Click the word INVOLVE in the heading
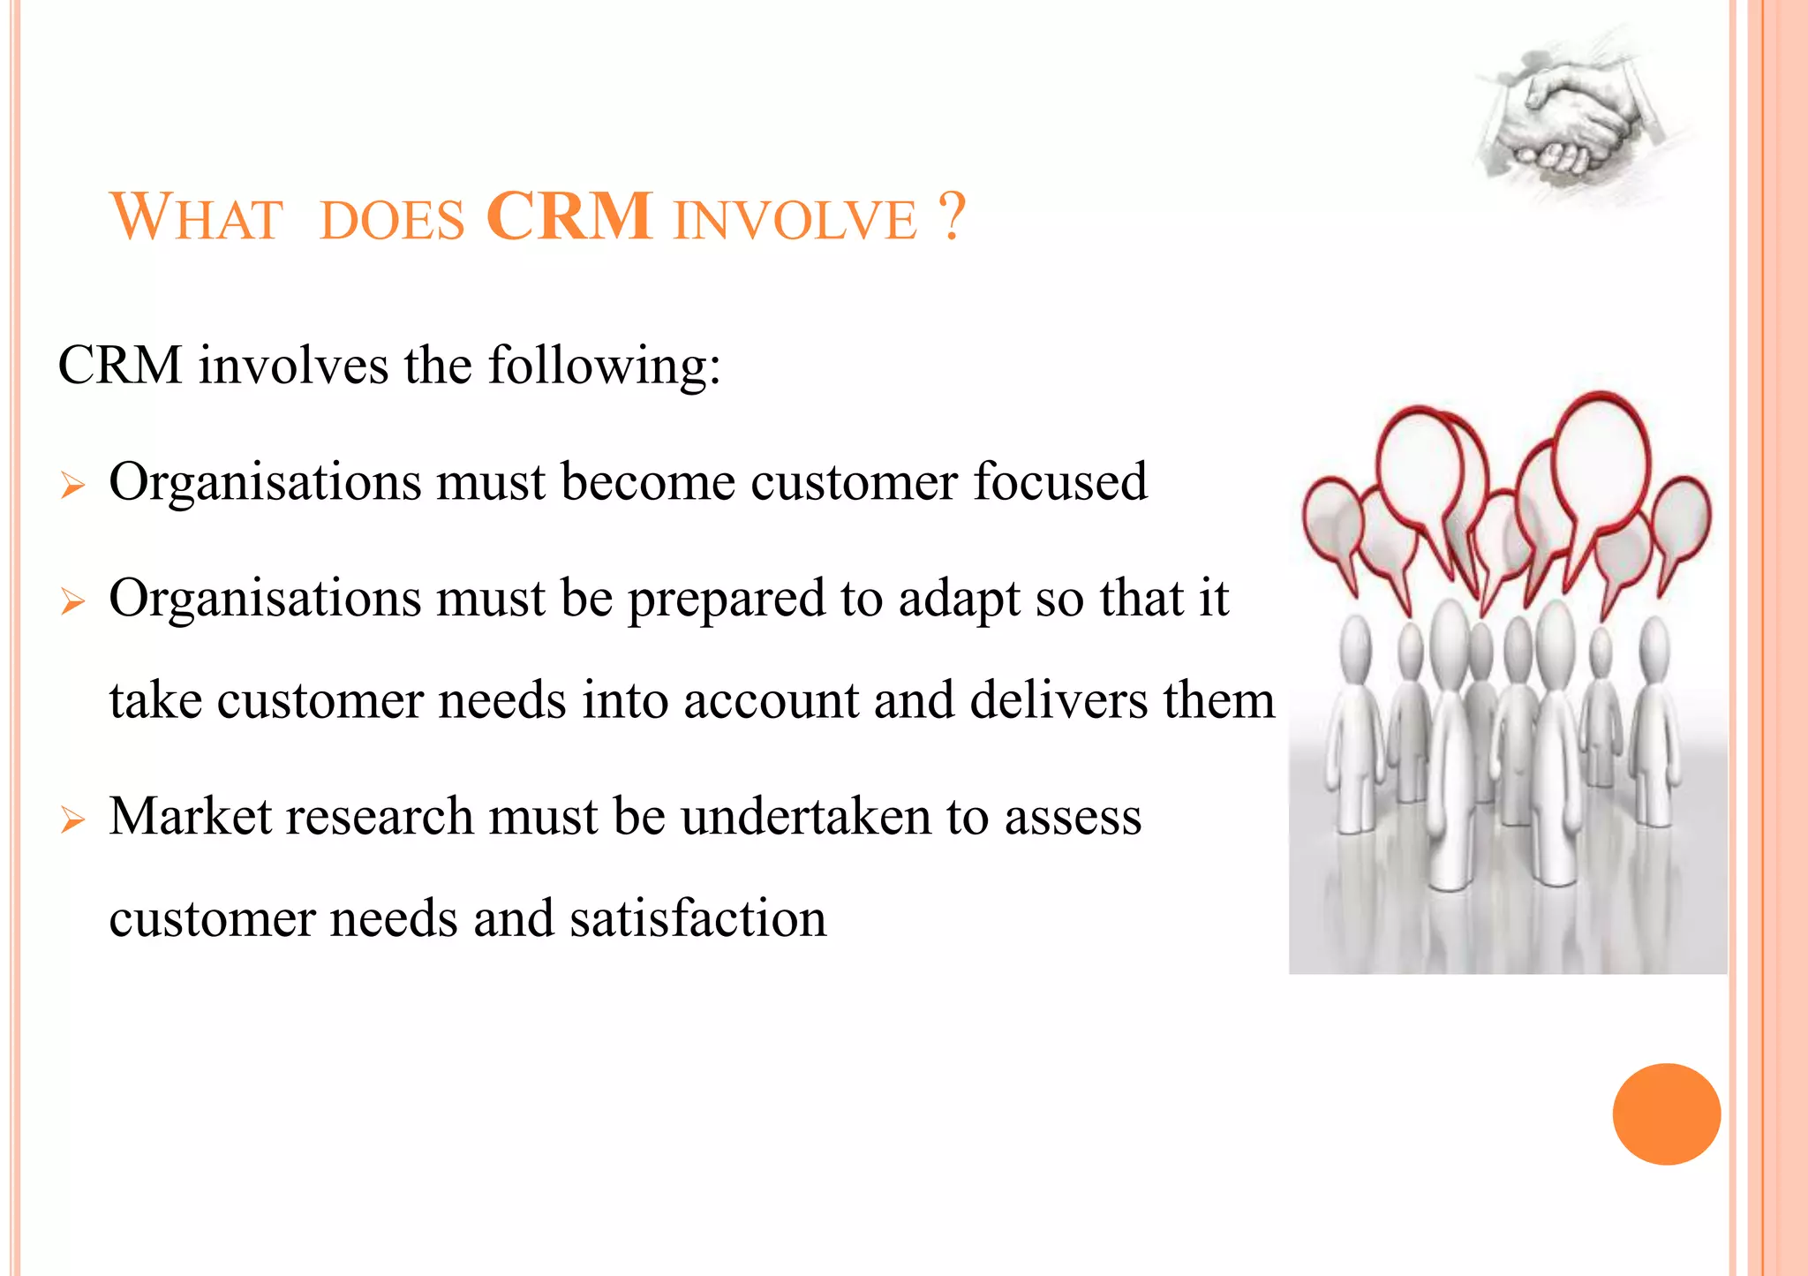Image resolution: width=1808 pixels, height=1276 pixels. click(795, 220)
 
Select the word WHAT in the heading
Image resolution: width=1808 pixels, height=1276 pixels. click(196, 217)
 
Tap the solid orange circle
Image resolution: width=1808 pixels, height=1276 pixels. click(1666, 1114)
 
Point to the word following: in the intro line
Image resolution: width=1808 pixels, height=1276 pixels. click(605, 366)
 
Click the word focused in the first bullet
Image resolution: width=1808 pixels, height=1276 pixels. click(1059, 482)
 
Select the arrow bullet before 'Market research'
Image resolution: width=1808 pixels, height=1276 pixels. click(72, 820)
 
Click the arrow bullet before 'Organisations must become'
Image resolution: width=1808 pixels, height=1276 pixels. click(72, 486)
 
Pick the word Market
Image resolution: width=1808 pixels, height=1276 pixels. click(190, 816)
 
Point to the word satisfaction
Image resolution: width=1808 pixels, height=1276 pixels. click(697, 918)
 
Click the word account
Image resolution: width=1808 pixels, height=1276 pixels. click(770, 702)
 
